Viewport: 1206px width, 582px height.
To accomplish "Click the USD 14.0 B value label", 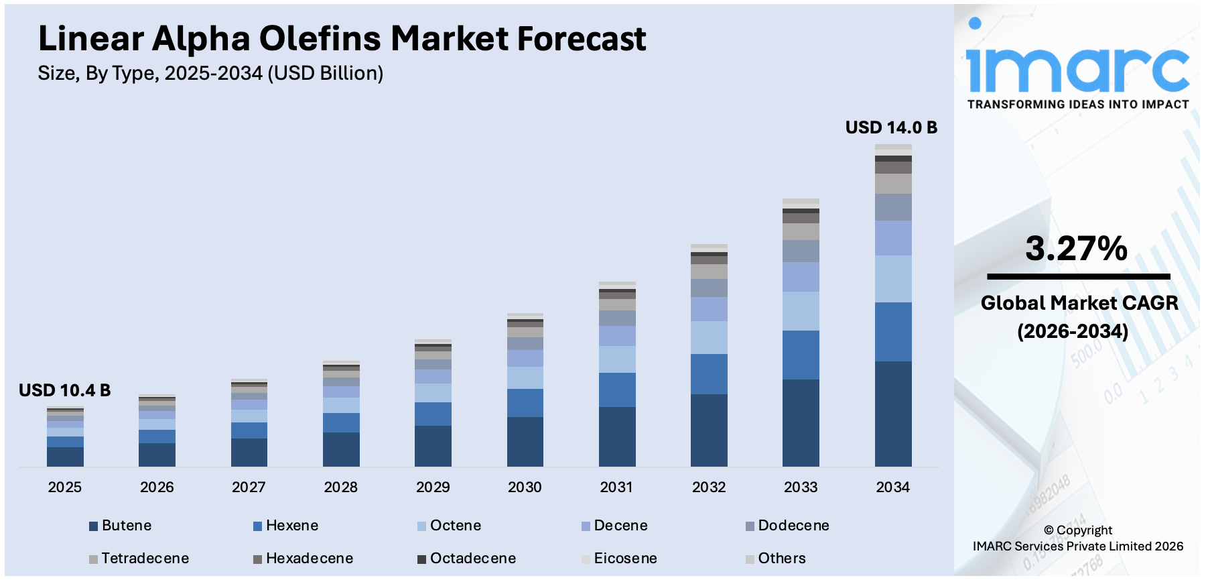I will pos(891,127).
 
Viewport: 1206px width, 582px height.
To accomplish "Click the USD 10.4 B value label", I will pos(64,390).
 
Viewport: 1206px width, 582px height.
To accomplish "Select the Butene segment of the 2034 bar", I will pos(893,414).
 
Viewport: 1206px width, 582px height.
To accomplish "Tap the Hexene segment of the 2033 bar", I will pos(801,355).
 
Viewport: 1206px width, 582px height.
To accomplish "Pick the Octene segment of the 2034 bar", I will pos(893,279).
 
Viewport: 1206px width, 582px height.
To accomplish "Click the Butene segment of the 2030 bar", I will pos(525,441).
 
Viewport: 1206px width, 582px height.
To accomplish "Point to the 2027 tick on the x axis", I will pos(249,487).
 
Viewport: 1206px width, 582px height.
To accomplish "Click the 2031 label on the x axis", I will pos(616,487).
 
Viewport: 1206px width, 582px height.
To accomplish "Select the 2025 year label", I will pos(64,487).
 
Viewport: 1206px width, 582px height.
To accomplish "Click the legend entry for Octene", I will pos(455,526).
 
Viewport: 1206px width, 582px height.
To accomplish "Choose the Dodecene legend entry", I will pos(793,526).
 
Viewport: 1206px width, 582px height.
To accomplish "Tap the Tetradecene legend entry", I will pos(144,559).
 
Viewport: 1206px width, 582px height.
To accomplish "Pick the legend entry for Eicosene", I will pos(624,559).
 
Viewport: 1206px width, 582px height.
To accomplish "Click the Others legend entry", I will pos(781,559).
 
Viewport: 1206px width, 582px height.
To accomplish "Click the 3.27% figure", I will pos(1077,249).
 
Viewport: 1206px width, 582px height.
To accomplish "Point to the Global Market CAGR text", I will pos(1079,303).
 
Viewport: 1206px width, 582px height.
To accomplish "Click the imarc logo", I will pos(1077,67).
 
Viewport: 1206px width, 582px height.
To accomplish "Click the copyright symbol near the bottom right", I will pos(1049,530).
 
